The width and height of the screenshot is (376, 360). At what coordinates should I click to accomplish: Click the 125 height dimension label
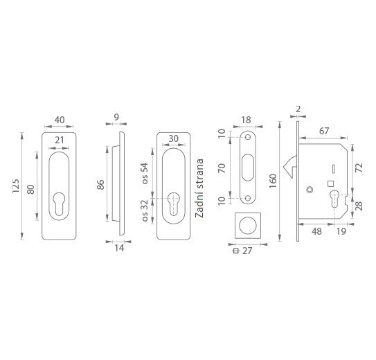(x=16, y=186)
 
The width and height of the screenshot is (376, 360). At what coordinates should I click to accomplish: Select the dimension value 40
(x=60, y=120)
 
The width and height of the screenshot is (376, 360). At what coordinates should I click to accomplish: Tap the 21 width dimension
(x=60, y=140)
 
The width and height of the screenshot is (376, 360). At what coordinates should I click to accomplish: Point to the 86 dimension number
(x=100, y=185)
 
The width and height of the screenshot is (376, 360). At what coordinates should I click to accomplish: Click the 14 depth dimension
(x=119, y=248)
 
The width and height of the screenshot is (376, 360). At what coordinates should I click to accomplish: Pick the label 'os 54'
(x=145, y=173)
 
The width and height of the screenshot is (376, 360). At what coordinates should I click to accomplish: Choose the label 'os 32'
(x=145, y=210)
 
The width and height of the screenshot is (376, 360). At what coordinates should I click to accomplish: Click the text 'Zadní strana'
(x=199, y=188)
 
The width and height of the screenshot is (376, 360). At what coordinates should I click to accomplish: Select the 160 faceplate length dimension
(x=273, y=181)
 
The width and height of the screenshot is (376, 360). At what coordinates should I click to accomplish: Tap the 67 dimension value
(x=324, y=131)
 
